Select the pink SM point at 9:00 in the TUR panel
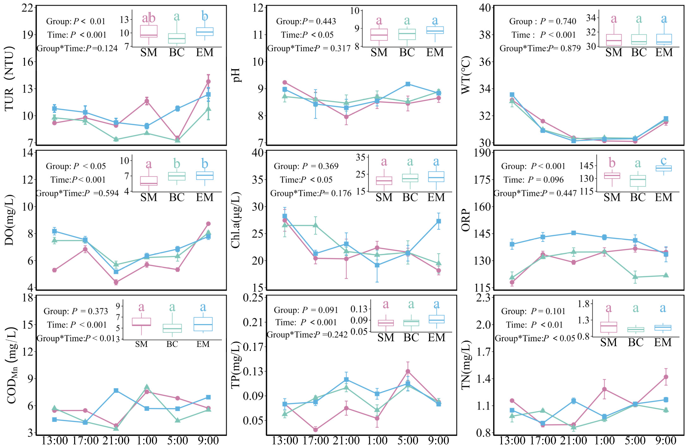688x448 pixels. (208, 81)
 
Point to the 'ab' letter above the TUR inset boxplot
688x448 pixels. (149, 18)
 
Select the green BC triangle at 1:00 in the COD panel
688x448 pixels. (147, 387)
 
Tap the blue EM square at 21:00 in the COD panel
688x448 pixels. (116, 391)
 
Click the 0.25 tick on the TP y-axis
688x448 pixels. (254, 298)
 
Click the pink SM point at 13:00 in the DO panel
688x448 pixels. (54, 270)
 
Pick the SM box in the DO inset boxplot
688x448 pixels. (149, 181)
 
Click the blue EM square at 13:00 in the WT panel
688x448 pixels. (512, 95)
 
